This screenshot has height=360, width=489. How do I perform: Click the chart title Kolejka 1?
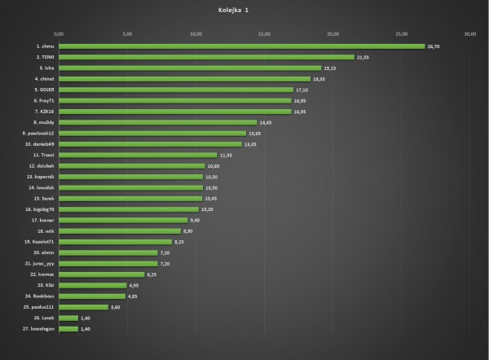click(234, 11)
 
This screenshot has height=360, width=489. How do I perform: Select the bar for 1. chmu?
click(241, 46)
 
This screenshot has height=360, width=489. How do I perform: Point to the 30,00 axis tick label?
click(470, 34)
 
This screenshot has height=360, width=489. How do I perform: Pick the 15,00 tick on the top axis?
click(264, 34)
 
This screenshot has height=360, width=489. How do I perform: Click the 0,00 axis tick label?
click(59, 34)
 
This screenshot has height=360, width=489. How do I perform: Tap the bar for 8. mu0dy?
click(147, 122)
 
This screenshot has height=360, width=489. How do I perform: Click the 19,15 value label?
click(331, 68)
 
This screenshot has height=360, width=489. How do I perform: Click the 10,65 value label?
click(214, 165)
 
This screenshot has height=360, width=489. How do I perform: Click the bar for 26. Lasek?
click(68, 318)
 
